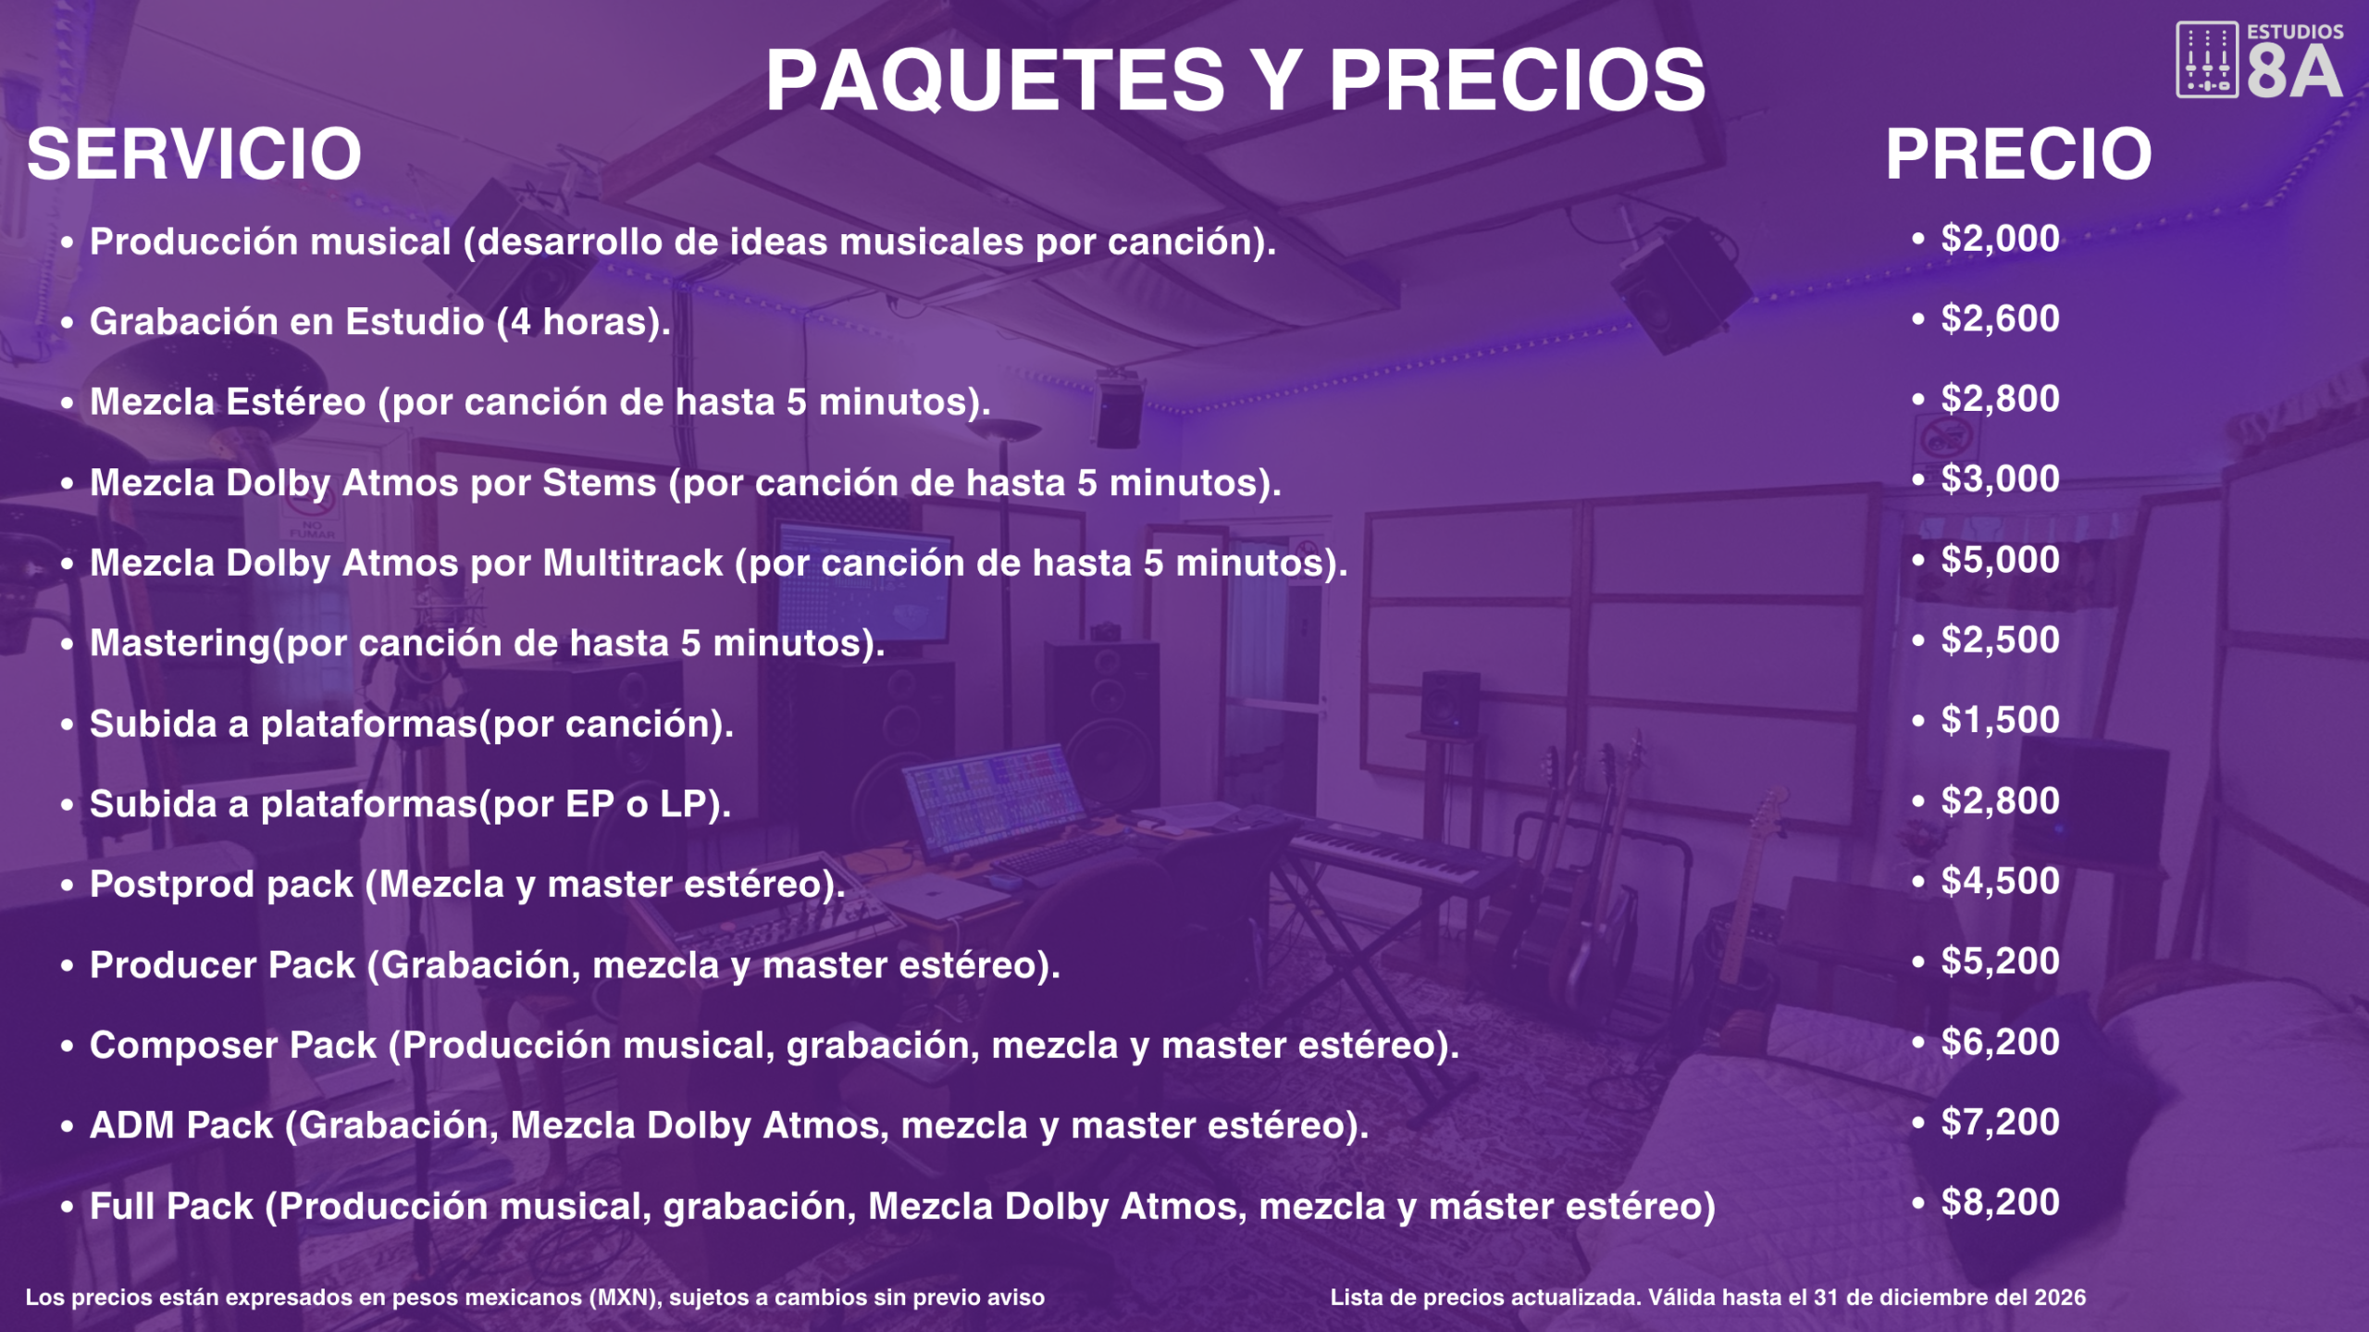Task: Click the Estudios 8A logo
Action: [2259, 59]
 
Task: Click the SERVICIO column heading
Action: [194, 154]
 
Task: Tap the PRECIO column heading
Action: [2019, 154]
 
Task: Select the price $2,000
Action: [2000, 239]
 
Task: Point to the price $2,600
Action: [2000, 319]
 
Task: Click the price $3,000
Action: [2000, 479]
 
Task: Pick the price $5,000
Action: [2000, 560]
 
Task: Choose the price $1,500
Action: [2000, 720]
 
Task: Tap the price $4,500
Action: [2000, 881]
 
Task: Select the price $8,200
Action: [2000, 1202]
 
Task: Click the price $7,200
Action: [2000, 1122]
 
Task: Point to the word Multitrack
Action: [633, 563]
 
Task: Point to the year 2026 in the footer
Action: [2060, 1298]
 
